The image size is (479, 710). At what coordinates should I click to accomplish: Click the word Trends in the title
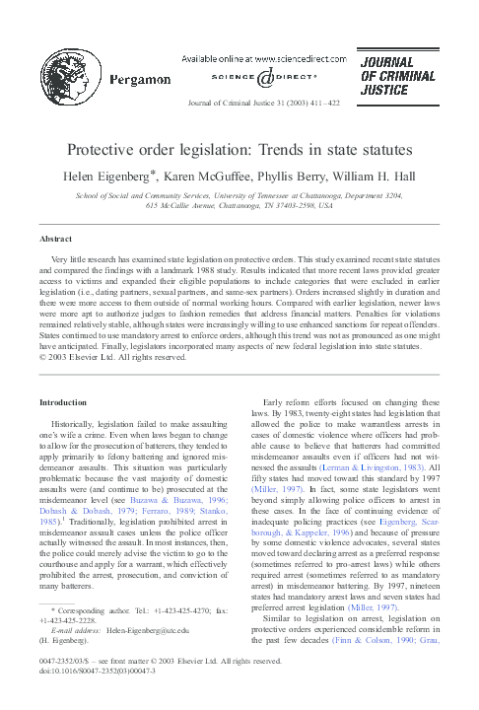[x=291, y=149]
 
